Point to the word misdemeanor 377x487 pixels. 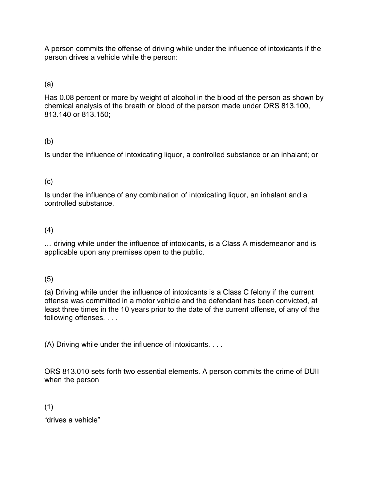tap(272, 244)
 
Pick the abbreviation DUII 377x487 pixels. tap(311, 371)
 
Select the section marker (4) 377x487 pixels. tap(49, 230)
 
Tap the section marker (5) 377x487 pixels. tap(49, 279)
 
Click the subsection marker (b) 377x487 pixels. tap(49, 141)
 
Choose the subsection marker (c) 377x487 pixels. tap(49, 182)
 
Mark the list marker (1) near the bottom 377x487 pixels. tap(49, 407)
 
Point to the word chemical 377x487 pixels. tap(58, 106)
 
